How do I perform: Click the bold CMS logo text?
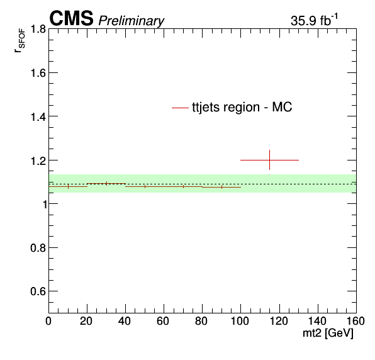pyautogui.click(x=71, y=18)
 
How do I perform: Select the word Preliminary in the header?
pyautogui.click(x=132, y=21)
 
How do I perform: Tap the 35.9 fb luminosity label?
pyautogui.click(x=314, y=20)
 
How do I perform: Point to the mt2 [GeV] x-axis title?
pyautogui.click(x=328, y=333)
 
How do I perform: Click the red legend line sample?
pyautogui.click(x=180, y=108)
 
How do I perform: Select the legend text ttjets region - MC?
pyautogui.click(x=242, y=107)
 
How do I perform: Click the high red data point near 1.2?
pyautogui.click(x=269, y=160)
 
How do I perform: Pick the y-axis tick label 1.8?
pyautogui.click(x=38, y=29)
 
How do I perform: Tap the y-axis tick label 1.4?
pyautogui.click(x=38, y=116)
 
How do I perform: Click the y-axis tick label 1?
pyautogui.click(x=44, y=204)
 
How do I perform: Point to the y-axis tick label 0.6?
pyautogui.click(x=38, y=291)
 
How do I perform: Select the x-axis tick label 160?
pyautogui.click(x=355, y=321)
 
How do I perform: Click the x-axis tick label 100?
pyautogui.click(x=240, y=321)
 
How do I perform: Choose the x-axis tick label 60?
pyautogui.click(x=163, y=321)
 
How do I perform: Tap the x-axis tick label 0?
pyautogui.click(x=48, y=321)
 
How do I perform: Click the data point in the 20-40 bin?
pyautogui.click(x=106, y=184)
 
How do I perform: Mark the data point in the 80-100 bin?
pyautogui.click(x=221, y=187)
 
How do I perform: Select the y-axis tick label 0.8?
pyautogui.click(x=38, y=248)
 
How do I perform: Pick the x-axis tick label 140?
pyautogui.click(x=318, y=321)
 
